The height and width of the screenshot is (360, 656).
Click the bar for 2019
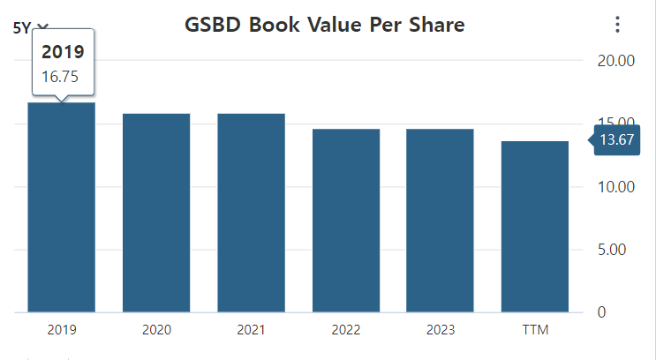coord(62,207)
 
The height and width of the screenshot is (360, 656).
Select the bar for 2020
coord(156,213)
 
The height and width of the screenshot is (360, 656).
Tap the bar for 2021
coord(252,213)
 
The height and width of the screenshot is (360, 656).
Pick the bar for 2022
coord(346,221)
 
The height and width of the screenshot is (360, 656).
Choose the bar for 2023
coord(440,221)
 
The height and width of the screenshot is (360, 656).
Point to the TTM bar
coord(535,227)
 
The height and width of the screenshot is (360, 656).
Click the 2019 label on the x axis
coord(62,330)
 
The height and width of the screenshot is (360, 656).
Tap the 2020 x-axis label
coord(156,330)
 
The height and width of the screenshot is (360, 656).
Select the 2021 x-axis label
coord(252,330)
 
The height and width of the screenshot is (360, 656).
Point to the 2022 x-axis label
coord(346,330)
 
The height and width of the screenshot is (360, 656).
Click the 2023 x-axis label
coord(440,330)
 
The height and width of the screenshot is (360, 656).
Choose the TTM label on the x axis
coord(535,330)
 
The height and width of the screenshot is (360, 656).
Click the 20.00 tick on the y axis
coord(616,61)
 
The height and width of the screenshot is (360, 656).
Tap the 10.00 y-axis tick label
coord(616,187)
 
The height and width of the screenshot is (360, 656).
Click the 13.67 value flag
coord(617,139)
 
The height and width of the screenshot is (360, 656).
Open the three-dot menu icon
coord(617,25)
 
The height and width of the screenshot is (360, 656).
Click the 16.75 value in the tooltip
coord(60,77)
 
